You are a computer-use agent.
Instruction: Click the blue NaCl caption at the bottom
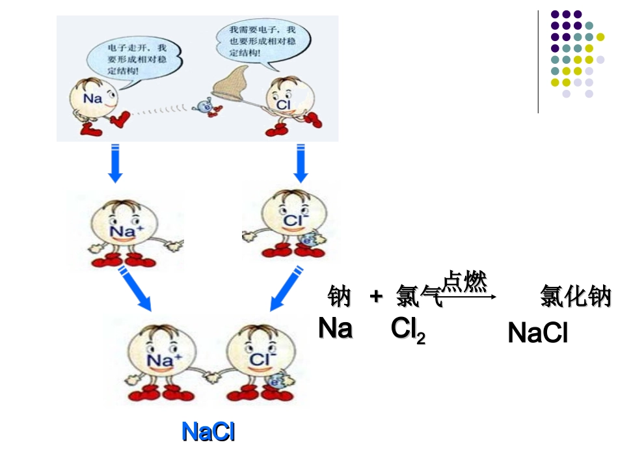[208, 432]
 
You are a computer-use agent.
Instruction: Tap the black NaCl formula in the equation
[537, 333]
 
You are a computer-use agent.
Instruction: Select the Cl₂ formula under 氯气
[408, 331]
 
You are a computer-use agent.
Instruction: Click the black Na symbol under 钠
[335, 328]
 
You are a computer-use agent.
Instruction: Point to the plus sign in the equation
[375, 297]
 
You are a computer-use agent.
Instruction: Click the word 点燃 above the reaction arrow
[464, 282]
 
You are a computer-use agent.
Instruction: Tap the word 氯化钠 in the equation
[576, 297]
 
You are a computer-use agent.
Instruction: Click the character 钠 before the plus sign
[339, 297]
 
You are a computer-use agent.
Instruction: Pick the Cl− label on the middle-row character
[292, 221]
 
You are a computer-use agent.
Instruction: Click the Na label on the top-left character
[93, 99]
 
